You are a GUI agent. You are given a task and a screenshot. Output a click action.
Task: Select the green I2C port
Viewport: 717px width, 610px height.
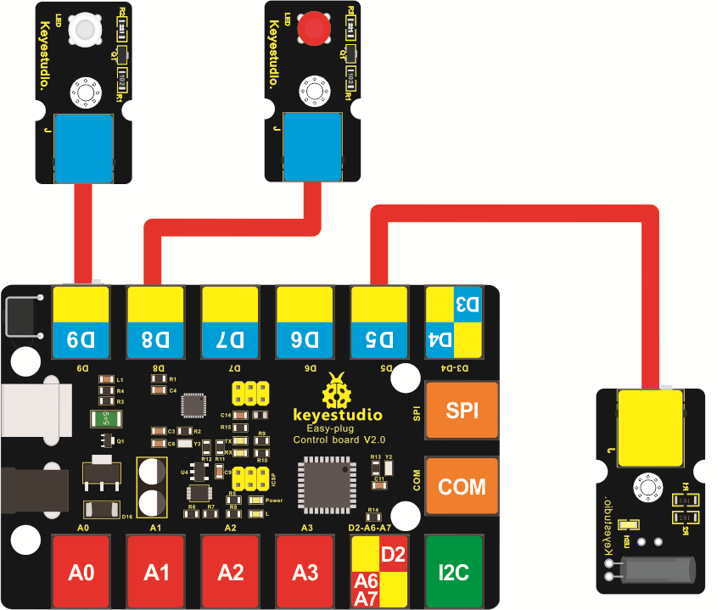pos(454,571)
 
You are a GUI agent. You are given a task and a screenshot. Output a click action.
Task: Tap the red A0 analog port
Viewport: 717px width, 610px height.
pos(81,571)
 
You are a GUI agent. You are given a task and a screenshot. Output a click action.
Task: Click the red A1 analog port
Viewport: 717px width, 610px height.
pos(155,571)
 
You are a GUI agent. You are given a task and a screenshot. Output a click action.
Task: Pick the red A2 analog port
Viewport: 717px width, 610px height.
pos(230,571)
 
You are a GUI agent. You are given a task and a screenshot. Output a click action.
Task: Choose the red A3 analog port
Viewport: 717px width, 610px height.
pos(305,571)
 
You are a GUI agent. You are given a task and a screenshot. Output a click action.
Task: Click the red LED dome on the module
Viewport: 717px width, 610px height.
pos(314,31)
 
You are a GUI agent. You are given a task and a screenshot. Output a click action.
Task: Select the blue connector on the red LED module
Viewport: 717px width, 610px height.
pos(312,147)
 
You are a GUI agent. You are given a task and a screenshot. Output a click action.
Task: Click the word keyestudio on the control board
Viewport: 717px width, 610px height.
pos(337,415)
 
